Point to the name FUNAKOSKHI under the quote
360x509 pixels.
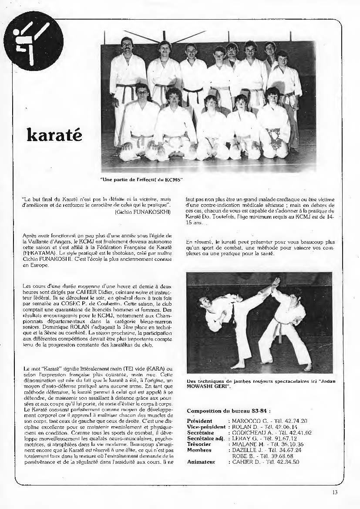pyautogui.click(x=154, y=212)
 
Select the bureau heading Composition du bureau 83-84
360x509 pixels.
pyautogui.click(x=229, y=411)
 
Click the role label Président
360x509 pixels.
pyautogui.click(x=199, y=421)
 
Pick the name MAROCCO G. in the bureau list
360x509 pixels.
pyautogui.click(x=249, y=421)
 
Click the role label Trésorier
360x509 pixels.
pyautogui.click(x=199, y=444)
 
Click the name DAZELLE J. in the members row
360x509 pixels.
pyautogui.click(x=247, y=450)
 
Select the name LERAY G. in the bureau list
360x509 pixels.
pyautogui.click(x=245, y=438)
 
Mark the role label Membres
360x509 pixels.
pyautogui.click(x=199, y=450)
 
